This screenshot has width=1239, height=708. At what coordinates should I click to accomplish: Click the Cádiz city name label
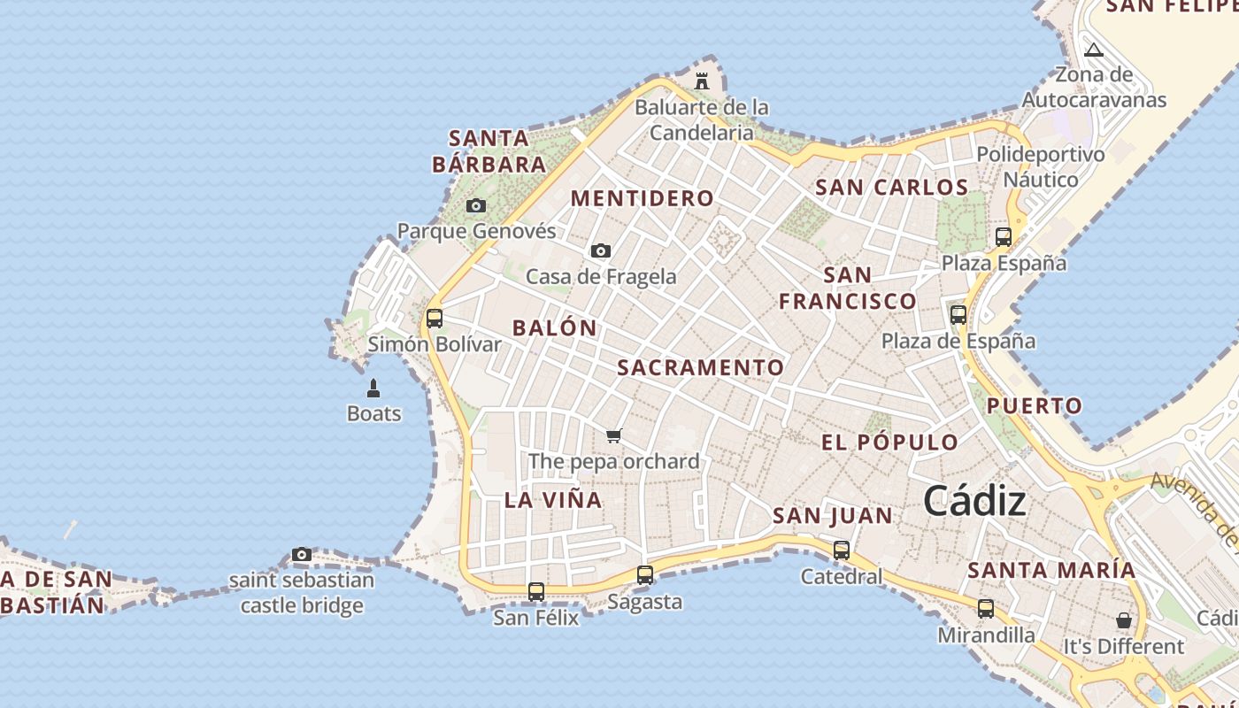[974, 502]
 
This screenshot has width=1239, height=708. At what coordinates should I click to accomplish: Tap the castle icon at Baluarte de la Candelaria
[702, 81]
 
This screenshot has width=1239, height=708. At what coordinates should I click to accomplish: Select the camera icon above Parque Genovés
[476, 205]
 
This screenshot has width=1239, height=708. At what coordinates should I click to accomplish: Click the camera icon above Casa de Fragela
[601, 250]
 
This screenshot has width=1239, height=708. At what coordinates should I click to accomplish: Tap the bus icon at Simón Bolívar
[434, 319]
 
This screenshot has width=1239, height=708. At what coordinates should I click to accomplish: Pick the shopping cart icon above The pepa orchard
[613, 435]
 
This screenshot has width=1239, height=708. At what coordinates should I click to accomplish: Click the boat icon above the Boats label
[373, 388]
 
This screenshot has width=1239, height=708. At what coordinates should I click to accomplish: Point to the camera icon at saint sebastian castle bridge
[302, 555]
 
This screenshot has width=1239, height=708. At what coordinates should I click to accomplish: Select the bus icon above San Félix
[536, 591]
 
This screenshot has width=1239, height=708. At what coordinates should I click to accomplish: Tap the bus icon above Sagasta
[645, 575]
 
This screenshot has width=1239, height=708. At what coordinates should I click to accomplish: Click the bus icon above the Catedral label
[842, 550]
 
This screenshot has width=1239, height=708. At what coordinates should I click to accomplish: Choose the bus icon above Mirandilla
[986, 609]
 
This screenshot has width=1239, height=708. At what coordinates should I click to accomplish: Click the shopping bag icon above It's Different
[1123, 619]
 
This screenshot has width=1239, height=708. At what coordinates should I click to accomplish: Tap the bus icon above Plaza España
[1004, 237]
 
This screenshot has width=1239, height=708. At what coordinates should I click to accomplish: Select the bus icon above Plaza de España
[958, 315]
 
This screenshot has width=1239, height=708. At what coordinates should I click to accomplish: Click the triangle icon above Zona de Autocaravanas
[1094, 50]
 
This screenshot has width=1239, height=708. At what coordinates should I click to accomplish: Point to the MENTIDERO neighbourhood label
[643, 198]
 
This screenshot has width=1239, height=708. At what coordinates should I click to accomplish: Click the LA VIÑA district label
[553, 500]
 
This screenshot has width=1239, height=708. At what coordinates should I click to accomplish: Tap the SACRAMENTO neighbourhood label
[700, 367]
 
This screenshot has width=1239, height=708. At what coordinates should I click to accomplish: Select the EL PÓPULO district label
[889, 442]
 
